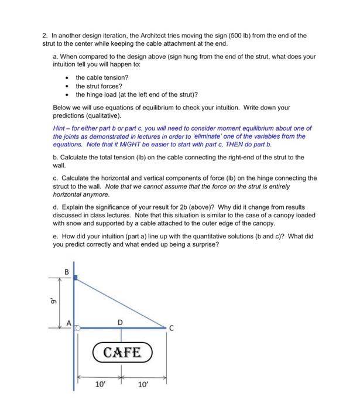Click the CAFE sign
click(122, 352)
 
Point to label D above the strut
click(121, 321)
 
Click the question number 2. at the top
click(44, 35)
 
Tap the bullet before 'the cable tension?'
click(69, 77)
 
